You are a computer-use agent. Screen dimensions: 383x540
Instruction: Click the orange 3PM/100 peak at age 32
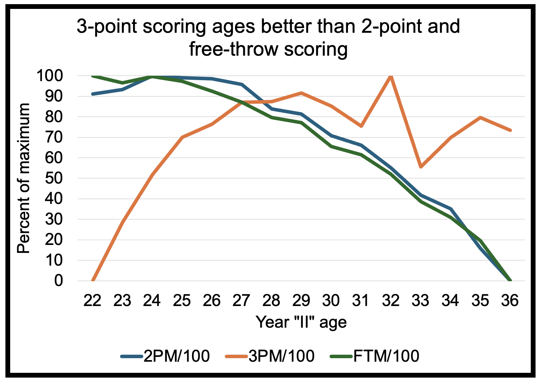point(391,76)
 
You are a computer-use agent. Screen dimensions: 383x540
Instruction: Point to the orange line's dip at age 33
point(421,167)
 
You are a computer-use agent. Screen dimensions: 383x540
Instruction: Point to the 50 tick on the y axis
point(54,178)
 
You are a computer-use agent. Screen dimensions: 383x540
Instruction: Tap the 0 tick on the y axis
point(59,281)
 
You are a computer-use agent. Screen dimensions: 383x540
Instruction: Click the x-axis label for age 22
point(92,300)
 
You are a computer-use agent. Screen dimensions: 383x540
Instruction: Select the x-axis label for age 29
point(301,300)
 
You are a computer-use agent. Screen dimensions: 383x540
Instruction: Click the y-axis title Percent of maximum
point(24,178)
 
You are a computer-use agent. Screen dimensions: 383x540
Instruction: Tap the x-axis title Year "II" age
point(301,322)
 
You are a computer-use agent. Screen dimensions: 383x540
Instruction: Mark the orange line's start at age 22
point(93,281)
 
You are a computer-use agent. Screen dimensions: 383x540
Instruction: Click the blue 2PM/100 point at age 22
point(93,94)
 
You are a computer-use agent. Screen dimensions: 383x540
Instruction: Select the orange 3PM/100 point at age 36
point(510,130)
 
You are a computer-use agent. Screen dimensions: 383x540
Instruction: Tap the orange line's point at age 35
point(480,117)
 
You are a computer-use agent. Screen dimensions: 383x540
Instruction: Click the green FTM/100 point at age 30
point(331,146)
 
